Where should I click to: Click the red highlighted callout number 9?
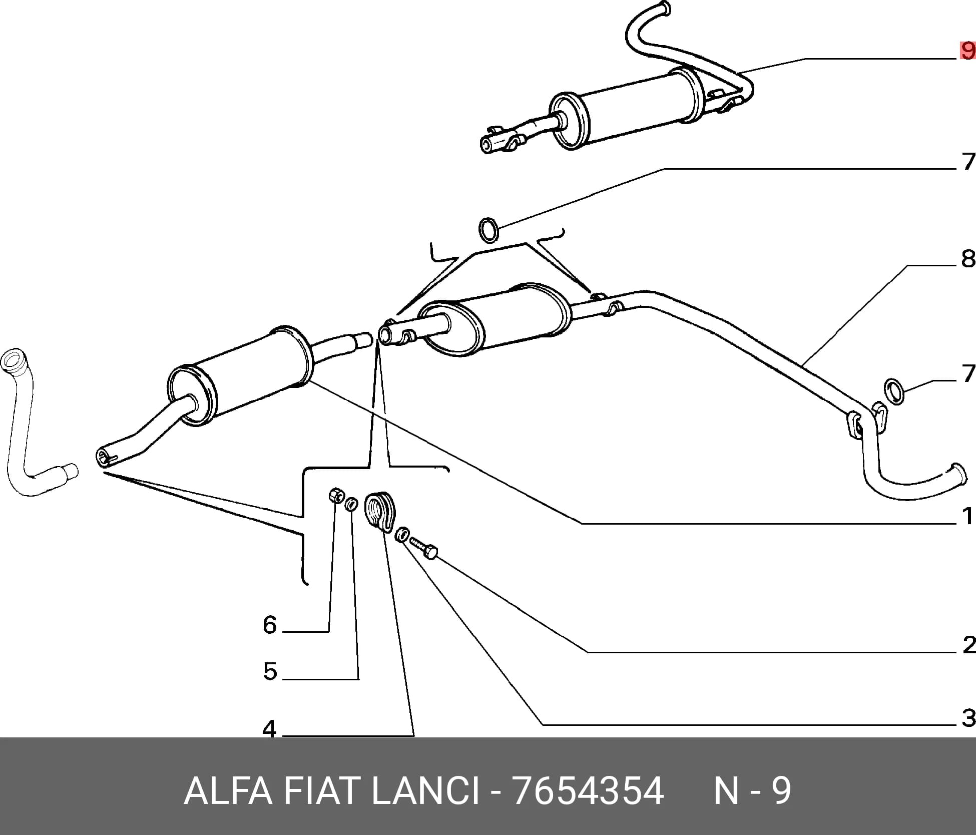click(967, 51)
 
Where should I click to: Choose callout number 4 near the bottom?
click(270, 729)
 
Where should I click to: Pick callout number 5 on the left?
click(270, 672)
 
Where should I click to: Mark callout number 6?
click(270, 625)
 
